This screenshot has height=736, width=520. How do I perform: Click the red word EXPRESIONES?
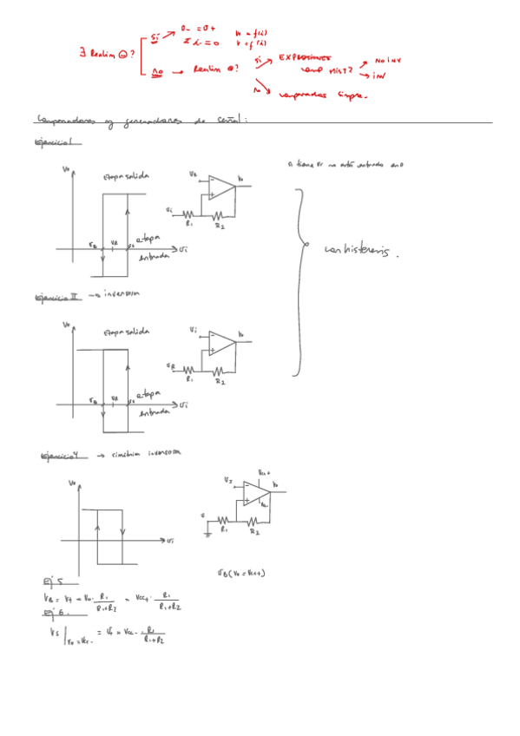click(x=305, y=57)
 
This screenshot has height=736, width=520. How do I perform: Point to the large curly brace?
click(x=299, y=282)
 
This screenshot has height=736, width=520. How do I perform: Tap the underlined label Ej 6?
click(x=52, y=614)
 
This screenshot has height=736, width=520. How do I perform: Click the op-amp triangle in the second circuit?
click(x=221, y=343)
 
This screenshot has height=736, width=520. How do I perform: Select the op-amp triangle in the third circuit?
click(x=256, y=494)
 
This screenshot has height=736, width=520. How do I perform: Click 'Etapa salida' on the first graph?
click(x=127, y=175)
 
